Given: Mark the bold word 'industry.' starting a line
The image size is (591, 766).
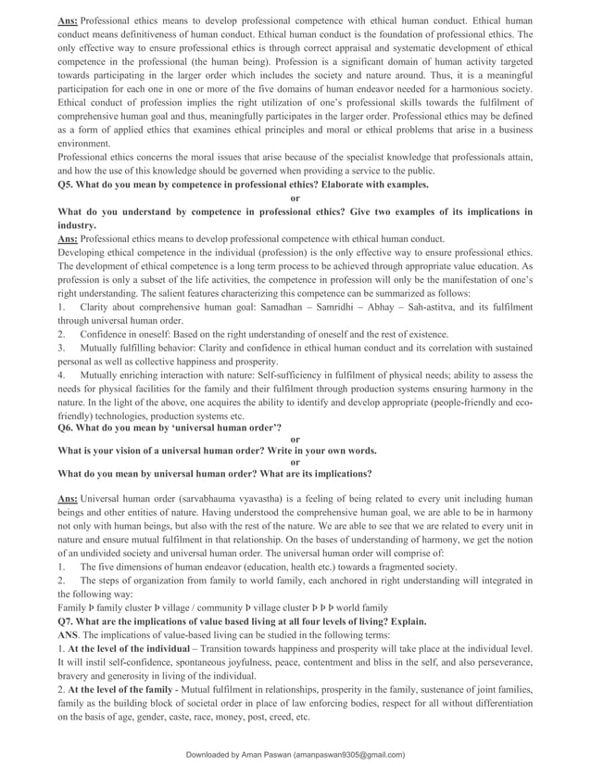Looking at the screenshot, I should [77, 225].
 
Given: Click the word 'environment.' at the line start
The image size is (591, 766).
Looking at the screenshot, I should [83, 144].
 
